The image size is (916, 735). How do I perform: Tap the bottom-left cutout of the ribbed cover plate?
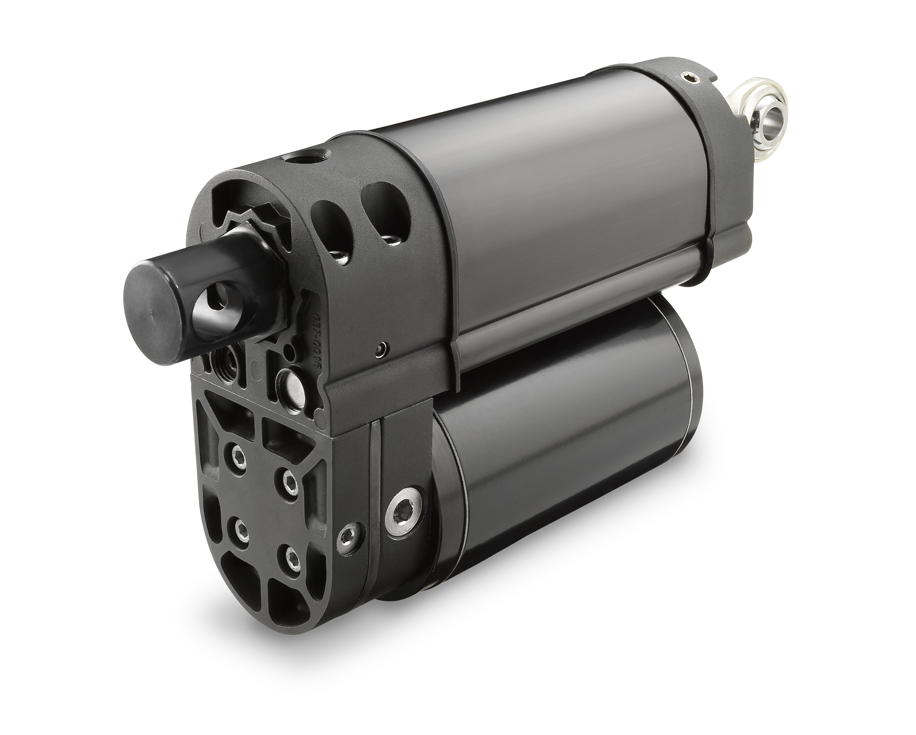pos(233,567)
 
